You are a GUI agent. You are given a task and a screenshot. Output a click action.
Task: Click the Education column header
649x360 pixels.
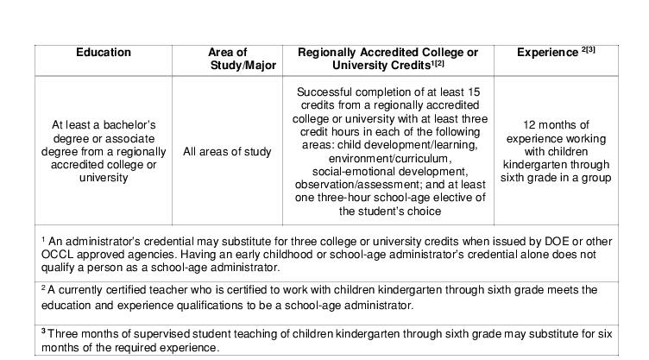pyautogui.click(x=104, y=53)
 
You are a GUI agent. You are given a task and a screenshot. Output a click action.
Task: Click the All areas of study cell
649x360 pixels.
pyautogui.click(x=227, y=152)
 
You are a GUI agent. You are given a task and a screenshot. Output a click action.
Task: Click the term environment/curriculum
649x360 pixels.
pyautogui.click(x=388, y=159)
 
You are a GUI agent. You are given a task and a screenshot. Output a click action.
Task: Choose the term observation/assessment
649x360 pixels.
pyautogui.click(x=357, y=185)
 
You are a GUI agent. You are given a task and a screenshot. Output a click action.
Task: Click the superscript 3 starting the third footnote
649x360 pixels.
pyautogui.click(x=43, y=332)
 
